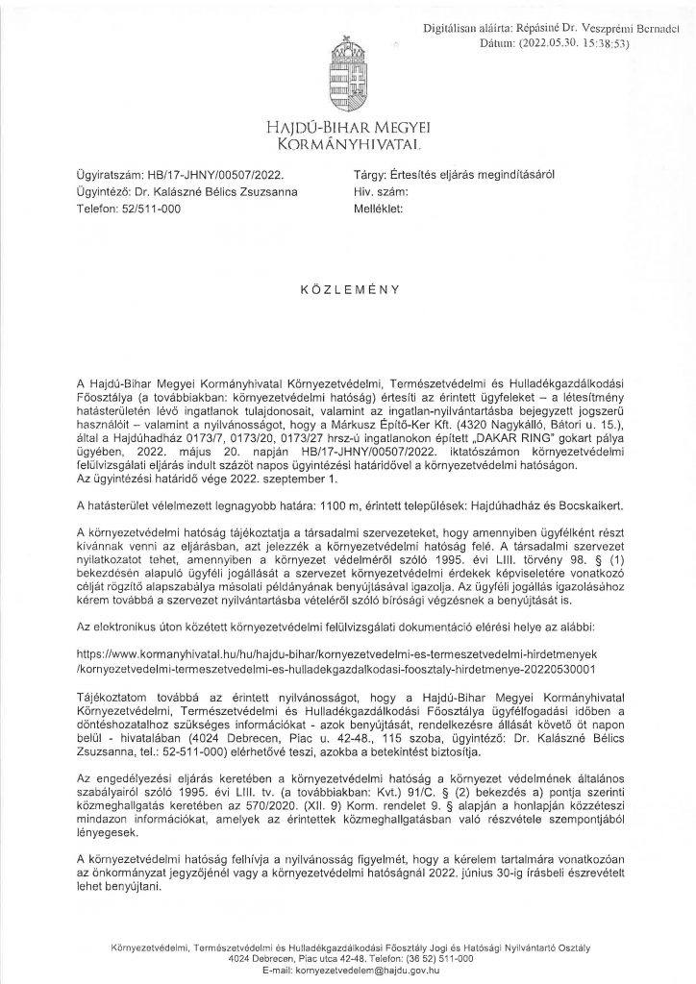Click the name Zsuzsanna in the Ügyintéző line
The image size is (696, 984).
(x=265, y=191)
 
